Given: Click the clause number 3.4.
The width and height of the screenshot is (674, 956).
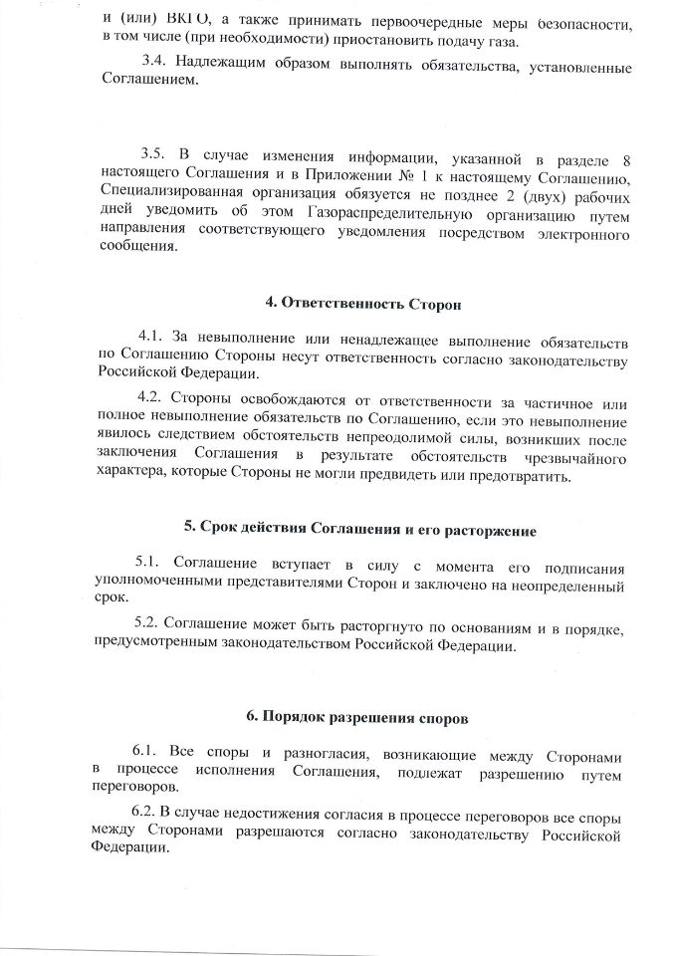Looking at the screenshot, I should coord(156,67).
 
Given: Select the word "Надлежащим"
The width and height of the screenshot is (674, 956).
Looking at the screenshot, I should coord(229,67).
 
